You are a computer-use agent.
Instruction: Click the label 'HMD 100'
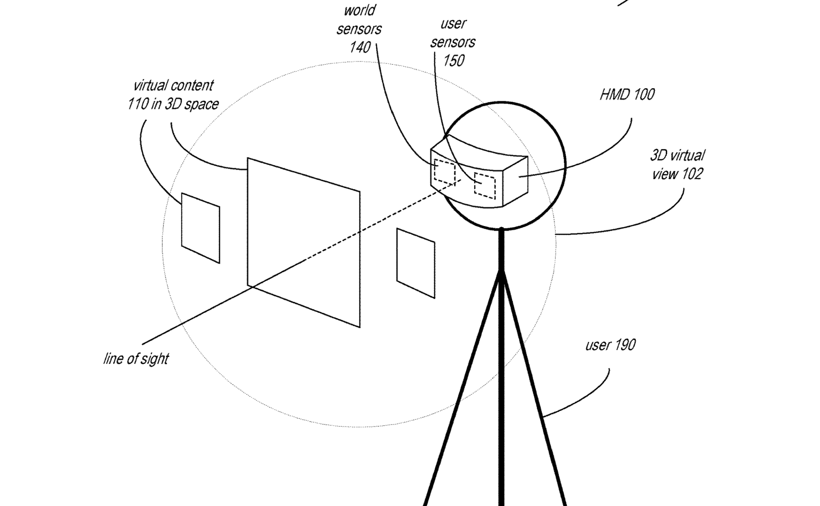pyautogui.click(x=627, y=95)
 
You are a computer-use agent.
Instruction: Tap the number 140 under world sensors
pyautogui.click(x=360, y=47)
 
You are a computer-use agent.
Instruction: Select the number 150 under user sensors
pyautogui.click(x=454, y=61)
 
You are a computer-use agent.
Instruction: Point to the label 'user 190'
pyautogui.click(x=610, y=345)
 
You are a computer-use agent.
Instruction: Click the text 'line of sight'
pyautogui.click(x=136, y=359)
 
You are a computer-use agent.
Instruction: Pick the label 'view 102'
pyautogui.click(x=677, y=174)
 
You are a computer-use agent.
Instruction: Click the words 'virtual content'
pyautogui.click(x=173, y=86)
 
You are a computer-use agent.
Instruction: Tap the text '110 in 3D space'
pyautogui.click(x=173, y=104)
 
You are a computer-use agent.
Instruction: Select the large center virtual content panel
pyautogui.click(x=303, y=242)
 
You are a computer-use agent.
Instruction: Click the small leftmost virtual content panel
pyautogui.click(x=200, y=228)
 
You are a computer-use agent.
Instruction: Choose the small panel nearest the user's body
pyautogui.click(x=416, y=263)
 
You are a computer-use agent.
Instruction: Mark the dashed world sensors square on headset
pyautogui.click(x=444, y=172)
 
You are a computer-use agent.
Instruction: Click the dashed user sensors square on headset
pyautogui.click(x=484, y=186)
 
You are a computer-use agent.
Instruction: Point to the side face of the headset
pyautogui.click(x=515, y=181)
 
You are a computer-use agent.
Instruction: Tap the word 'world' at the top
pyautogui.click(x=360, y=11)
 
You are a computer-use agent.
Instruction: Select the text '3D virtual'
pyautogui.click(x=677, y=155)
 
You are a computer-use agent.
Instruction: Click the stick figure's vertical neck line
pyautogui.click(x=501, y=249)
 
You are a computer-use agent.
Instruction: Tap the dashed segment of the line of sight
pyautogui.click(x=383, y=220)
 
